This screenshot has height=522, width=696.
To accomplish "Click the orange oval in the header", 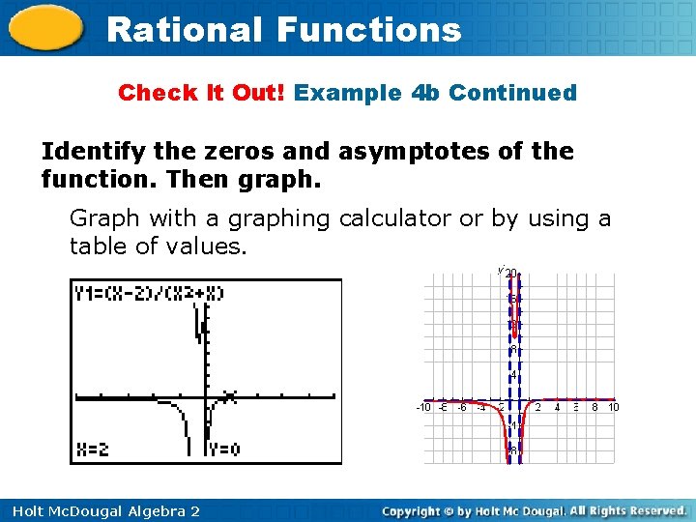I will (45, 28).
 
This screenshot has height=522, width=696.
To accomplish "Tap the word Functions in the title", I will (369, 29).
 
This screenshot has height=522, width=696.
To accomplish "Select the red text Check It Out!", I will (202, 93).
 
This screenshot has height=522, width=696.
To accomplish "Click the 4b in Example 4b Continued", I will (426, 93).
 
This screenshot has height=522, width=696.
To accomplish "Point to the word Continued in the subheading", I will (512, 93).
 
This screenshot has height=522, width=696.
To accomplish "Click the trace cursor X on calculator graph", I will (230, 395).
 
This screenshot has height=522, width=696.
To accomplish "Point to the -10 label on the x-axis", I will (423, 407).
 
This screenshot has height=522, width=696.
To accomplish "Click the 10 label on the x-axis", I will (613, 407).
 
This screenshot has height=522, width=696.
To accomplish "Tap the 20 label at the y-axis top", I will (511, 274).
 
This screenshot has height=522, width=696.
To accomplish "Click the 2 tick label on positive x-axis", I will (538, 407).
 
